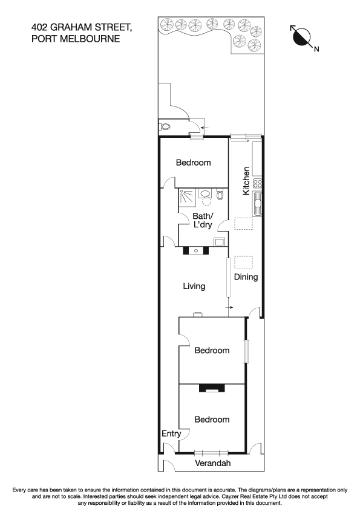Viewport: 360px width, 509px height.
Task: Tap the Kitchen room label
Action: (246, 180)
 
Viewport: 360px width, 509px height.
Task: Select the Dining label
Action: (246, 277)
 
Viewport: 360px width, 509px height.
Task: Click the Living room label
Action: (194, 286)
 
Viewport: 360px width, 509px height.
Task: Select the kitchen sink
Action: (257, 204)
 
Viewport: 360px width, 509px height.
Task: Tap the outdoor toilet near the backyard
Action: (165, 128)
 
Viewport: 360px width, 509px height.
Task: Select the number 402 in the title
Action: (41, 27)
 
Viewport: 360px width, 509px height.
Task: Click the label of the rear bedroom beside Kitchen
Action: (193, 162)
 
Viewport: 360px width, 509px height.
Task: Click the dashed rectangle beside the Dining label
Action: (244, 262)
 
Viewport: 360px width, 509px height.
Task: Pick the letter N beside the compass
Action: (316, 49)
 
